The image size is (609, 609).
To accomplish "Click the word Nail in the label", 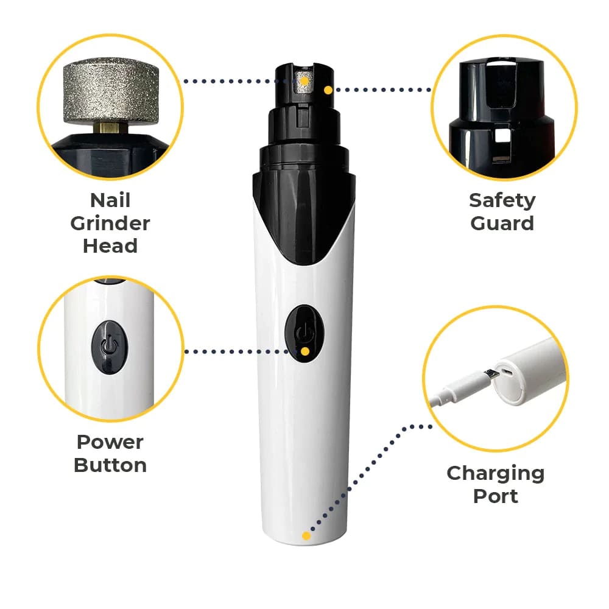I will point(110,200).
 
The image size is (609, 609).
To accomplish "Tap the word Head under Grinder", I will point(110,246).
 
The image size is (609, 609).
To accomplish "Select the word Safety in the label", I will point(502,200).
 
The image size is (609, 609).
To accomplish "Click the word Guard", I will point(502,223).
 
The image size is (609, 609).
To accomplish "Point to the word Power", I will point(110,442).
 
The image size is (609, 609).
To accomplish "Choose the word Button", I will point(110,465).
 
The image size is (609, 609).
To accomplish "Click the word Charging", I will point(496,473).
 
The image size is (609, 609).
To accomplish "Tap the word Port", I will point(496,496).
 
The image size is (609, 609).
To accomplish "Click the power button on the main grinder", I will point(304,333).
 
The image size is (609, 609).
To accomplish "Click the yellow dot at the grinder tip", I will point(328,90).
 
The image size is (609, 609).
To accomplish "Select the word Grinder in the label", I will point(110,223).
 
